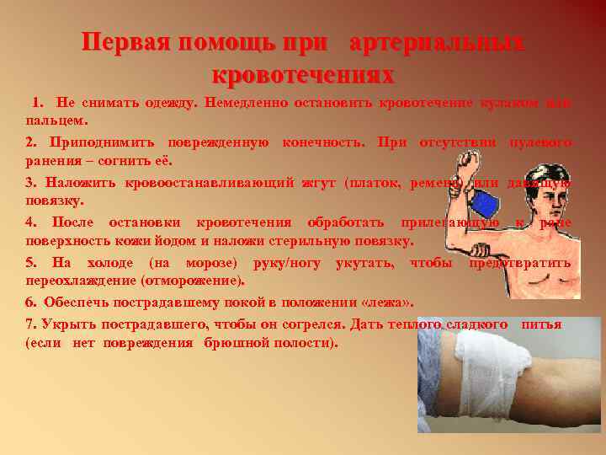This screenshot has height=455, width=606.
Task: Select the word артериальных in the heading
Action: (x=436, y=44)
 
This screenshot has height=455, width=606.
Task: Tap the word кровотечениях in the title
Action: (x=303, y=74)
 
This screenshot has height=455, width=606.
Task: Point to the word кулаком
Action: (x=513, y=103)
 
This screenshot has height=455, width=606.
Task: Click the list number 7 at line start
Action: (x=30, y=324)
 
